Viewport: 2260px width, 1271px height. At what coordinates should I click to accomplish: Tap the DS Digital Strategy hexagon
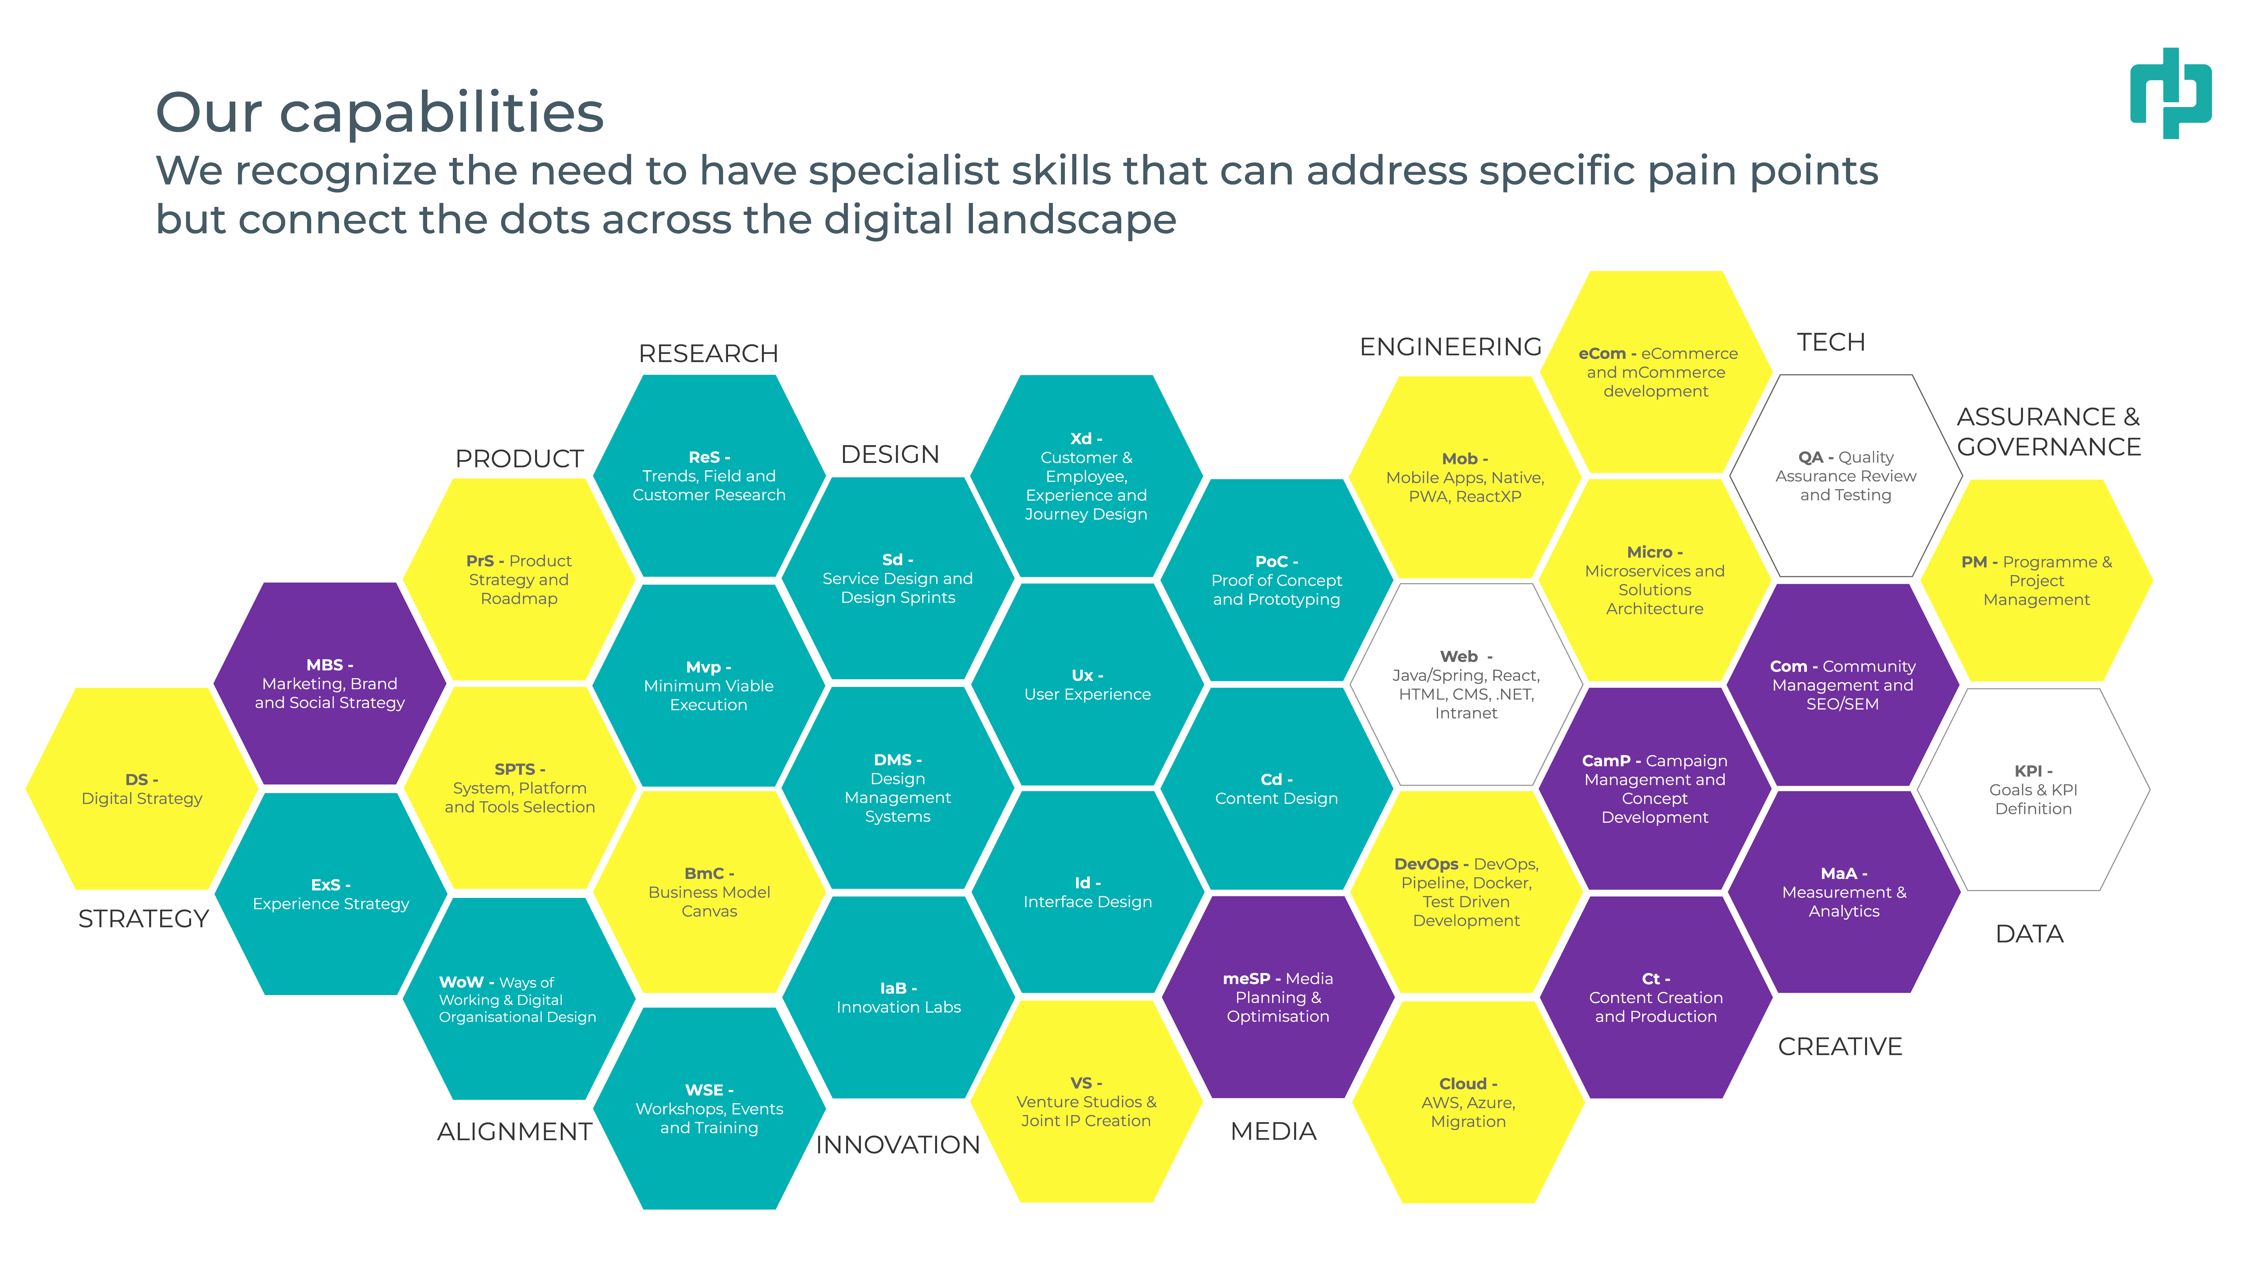pyautogui.click(x=142, y=789)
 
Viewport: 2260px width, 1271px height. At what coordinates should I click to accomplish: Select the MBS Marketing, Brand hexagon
pyautogui.click(x=330, y=683)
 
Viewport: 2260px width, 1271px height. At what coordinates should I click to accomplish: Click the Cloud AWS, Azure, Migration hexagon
pyautogui.click(x=1468, y=1103)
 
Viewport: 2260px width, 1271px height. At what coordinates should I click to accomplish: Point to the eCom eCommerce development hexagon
pyautogui.click(x=1656, y=372)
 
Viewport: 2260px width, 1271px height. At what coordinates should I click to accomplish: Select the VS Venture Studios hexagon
pyautogui.click(x=1086, y=1102)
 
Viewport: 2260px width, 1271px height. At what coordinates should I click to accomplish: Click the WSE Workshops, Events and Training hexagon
pyautogui.click(x=709, y=1109)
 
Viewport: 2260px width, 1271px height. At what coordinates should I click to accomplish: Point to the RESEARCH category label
pyautogui.click(x=708, y=354)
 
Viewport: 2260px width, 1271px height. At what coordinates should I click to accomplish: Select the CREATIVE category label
pyautogui.click(x=1840, y=1046)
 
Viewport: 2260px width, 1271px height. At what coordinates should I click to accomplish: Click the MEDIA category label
pyautogui.click(x=1273, y=1131)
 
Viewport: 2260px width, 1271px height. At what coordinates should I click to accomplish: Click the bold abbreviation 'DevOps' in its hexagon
pyautogui.click(x=1426, y=864)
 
